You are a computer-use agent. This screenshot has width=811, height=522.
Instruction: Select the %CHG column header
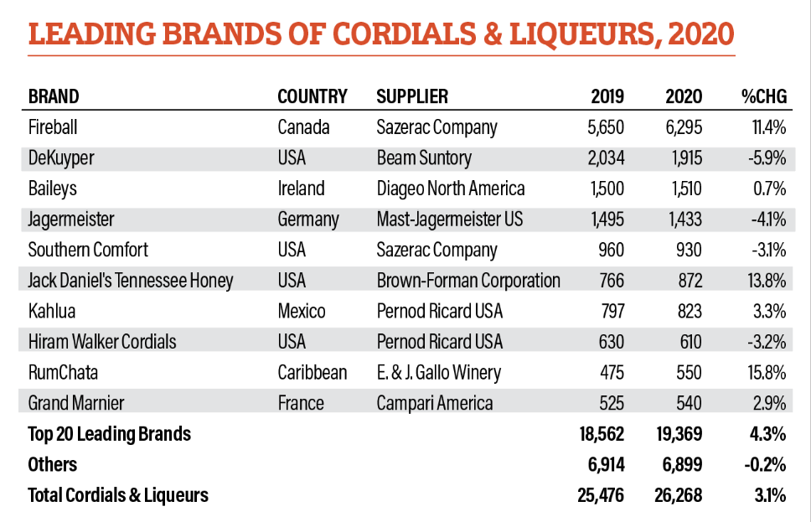(763, 96)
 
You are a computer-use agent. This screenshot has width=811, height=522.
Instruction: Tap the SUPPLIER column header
(412, 96)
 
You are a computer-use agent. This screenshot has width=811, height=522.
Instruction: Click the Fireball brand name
(52, 127)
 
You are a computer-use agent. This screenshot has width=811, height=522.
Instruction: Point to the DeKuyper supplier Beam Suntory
(424, 158)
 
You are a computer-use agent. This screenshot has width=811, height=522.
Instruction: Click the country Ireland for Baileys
(301, 189)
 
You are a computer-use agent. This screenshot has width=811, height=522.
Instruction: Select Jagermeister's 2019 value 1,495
(604, 220)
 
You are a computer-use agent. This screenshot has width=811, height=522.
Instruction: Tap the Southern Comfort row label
(88, 250)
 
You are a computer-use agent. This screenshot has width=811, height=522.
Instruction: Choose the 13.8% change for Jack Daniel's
(766, 281)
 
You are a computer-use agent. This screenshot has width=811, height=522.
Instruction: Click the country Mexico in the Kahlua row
(302, 312)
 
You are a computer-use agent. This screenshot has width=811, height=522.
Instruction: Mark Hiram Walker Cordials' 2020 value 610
(688, 342)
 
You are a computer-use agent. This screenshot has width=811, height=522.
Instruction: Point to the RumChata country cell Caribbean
(312, 372)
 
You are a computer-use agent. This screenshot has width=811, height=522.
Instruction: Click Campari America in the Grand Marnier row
(435, 403)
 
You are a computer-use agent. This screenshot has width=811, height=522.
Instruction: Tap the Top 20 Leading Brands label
(109, 434)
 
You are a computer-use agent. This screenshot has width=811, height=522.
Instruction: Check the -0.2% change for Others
(764, 464)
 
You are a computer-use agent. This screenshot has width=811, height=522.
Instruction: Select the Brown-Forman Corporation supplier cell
(468, 281)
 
